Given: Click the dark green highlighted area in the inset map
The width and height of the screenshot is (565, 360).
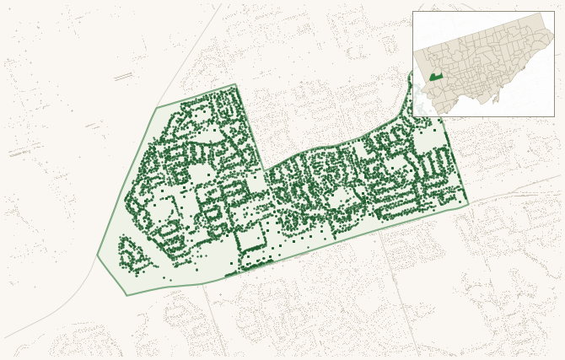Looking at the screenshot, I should click(435, 77).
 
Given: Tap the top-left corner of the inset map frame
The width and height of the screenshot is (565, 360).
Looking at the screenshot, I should click(412, 11).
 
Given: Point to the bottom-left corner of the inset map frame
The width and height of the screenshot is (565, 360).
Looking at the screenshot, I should click(412, 116).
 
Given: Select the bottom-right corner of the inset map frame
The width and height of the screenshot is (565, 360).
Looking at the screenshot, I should click(554, 116).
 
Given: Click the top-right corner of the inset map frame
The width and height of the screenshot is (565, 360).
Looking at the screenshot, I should click(554, 11).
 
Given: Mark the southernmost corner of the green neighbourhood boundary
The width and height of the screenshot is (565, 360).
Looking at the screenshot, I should click(126, 295).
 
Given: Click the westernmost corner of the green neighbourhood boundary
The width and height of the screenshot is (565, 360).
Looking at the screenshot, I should click(97, 255).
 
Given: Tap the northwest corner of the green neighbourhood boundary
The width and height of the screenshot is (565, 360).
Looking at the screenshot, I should click(156, 107).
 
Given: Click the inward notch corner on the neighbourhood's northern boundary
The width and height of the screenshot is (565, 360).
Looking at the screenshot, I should click(265, 171).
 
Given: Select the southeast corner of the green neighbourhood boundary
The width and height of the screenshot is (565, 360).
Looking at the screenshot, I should click(468, 204).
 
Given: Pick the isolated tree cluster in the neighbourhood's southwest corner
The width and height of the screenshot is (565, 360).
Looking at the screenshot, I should click(132, 255).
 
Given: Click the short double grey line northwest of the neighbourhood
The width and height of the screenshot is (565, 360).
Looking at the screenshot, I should click(123, 77).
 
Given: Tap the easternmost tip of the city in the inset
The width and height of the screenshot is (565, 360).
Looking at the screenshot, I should click(553, 35).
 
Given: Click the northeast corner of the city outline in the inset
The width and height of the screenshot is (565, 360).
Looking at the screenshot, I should click(542, 13).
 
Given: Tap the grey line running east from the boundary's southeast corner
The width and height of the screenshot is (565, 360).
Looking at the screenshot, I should click(514, 191).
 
